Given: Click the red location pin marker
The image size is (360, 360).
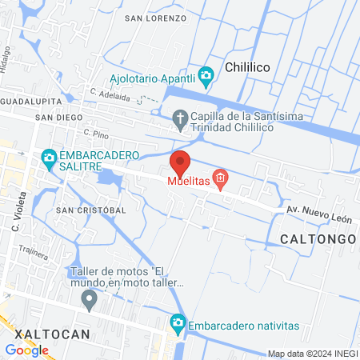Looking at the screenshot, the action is point(180,163).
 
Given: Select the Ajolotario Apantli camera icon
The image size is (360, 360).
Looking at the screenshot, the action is point(206,77).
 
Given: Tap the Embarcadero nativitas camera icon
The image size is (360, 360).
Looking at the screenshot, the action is point(177,325).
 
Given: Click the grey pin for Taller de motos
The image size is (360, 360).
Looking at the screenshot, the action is point(90,301).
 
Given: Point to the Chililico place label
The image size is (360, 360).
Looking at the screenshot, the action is point(251,68).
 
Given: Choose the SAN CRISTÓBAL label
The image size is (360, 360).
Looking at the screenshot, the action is point(90,210).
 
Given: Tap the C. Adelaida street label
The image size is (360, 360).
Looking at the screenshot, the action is point(110,92).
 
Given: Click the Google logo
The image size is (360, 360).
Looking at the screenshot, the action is point(26,350).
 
